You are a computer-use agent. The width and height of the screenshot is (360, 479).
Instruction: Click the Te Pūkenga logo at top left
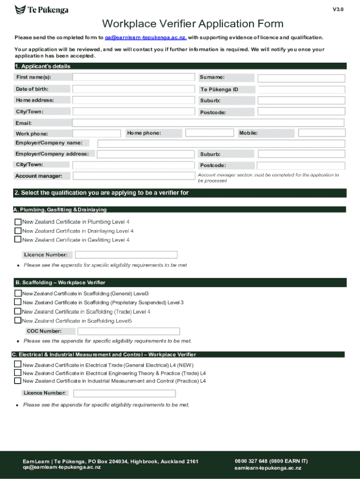(42, 10)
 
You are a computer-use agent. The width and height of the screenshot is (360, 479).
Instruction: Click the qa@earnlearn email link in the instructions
(145, 37)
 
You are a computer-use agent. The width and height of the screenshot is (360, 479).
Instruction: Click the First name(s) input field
(133, 77)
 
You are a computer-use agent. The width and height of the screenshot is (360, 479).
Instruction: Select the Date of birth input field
(133, 89)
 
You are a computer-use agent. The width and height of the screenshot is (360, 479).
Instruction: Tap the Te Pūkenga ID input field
(302, 89)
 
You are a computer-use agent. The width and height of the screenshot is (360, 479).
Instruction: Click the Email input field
(208, 123)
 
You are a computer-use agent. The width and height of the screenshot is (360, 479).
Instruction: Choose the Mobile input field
(322, 133)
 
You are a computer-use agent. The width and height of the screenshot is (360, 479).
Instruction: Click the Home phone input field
(209, 133)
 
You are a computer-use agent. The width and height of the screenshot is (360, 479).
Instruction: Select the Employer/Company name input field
(221, 143)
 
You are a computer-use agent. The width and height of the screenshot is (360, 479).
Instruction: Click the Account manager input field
(133, 176)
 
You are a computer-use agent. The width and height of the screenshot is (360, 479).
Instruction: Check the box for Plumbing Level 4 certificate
(18, 222)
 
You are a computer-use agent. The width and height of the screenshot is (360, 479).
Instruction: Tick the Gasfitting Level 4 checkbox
(18, 239)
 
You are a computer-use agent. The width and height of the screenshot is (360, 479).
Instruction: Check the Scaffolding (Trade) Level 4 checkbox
(18, 312)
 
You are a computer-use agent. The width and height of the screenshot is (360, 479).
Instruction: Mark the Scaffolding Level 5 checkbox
(18, 320)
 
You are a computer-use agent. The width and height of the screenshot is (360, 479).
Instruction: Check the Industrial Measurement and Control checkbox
(18, 381)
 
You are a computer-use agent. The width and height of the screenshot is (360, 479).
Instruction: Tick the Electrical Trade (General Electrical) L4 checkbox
(18, 364)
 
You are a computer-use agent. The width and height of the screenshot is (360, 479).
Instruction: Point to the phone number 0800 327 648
(251, 461)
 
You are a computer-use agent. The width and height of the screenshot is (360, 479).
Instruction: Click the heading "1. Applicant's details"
(43, 66)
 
